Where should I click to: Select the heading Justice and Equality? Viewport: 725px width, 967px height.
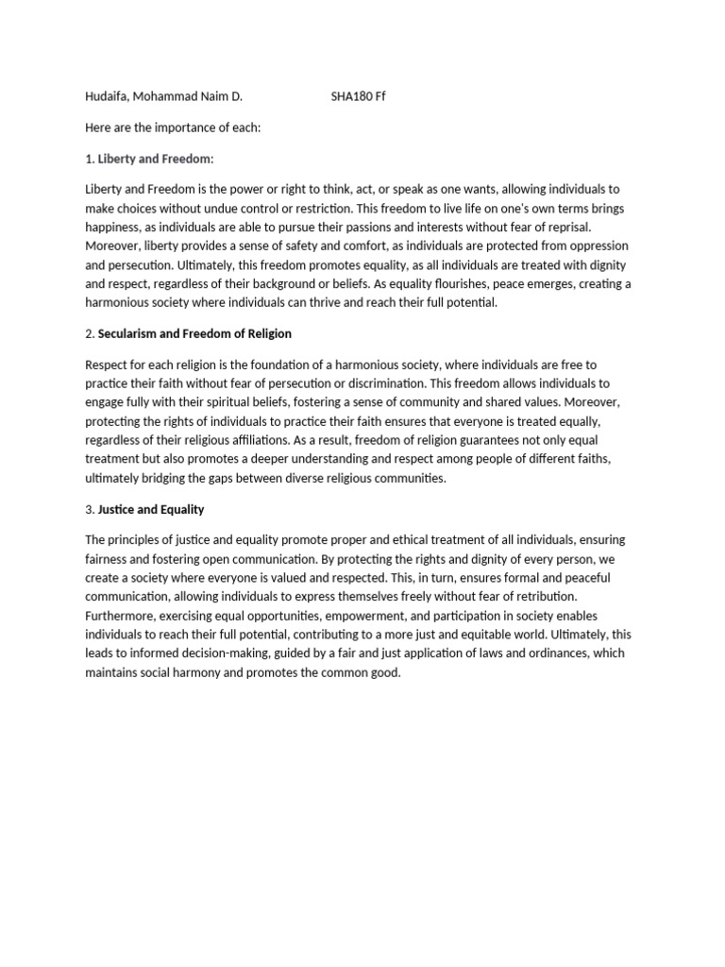pos(151,509)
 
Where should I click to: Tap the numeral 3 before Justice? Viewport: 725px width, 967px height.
pos(89,509)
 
